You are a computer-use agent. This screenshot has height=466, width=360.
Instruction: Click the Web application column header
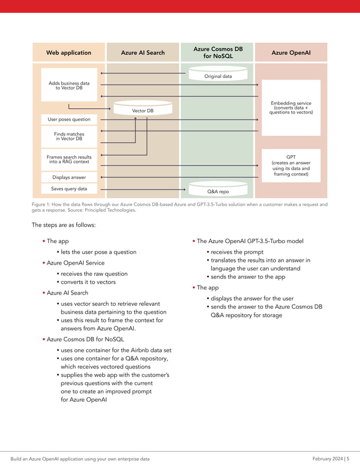[69, 52]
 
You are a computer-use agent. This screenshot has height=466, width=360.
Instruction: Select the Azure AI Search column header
[143, 52]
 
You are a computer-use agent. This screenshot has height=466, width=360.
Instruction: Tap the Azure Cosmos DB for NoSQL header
[217, 52]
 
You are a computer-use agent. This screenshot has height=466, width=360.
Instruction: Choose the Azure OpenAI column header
[291, 52]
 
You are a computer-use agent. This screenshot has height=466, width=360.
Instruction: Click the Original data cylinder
[218, 76]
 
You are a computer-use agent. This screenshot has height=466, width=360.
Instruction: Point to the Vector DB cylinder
[143, 110]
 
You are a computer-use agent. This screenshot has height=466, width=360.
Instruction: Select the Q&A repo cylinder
[218, 190]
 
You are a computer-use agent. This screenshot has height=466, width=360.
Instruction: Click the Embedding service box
[291, 107]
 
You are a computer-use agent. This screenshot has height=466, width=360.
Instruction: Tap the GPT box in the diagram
[291, 165]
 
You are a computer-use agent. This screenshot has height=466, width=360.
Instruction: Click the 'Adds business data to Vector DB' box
[69, 85]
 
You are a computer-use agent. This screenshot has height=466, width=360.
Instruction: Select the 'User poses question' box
[69, 120]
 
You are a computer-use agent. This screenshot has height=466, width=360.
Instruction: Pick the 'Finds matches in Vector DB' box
[69, 136]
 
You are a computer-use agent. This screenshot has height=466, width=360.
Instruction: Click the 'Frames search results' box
[69, 160]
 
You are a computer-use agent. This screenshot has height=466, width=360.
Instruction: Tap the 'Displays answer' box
[69, 177]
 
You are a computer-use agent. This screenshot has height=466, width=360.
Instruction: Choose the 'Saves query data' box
[69, 188]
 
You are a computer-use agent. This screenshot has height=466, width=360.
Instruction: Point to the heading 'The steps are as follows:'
[64, 225]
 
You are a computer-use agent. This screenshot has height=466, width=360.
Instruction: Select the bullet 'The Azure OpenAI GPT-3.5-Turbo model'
[250, 241]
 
